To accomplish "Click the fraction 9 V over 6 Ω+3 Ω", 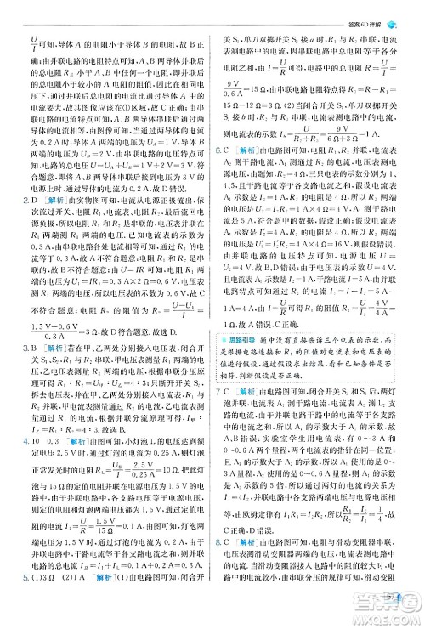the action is (324, 133).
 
